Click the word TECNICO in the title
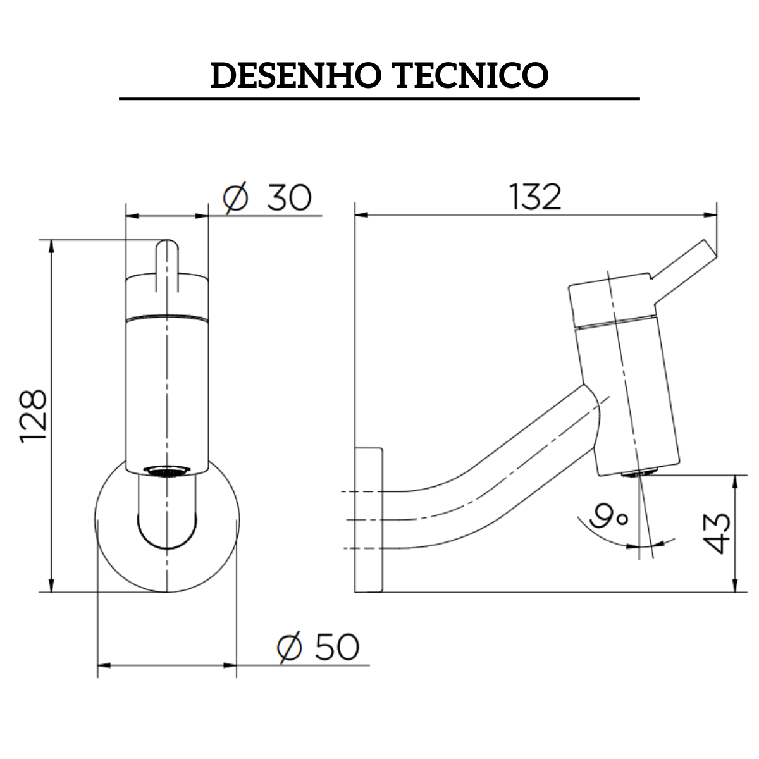pyautogui.click(x=471, y=76)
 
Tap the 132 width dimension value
pyautogui.click(x=535, y=198)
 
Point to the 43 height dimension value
pyautogui.click(x=717, y=533)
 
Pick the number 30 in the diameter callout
pyautogui.click(x=288, y=198)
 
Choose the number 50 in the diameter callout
pyautogui.click(x=336, y=647)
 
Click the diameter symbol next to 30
pyautogui.click(x=236, y=198)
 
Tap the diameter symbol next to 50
pyautogui.click(x=289, y=647)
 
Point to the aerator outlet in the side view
pyautogui.click(x=639, y=473)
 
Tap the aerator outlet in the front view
pyautogui.click(x=167, y=471)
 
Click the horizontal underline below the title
pyautogui.click(x=379, y=99)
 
